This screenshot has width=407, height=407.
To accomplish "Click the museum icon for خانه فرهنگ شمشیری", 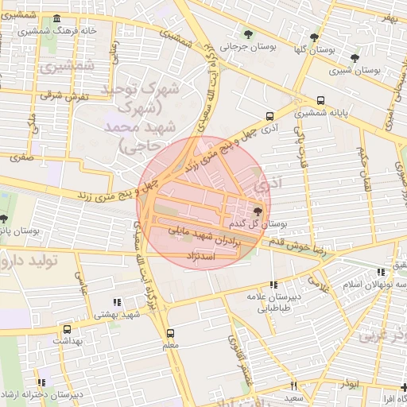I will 56,19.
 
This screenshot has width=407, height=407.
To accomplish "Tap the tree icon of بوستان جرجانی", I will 249,34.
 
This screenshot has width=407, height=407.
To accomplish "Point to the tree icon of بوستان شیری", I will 355,58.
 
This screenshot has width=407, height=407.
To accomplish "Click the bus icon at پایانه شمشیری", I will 320,101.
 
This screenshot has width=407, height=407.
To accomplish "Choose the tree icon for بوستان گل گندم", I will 257,211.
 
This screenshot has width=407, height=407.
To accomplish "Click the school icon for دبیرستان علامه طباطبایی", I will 273,284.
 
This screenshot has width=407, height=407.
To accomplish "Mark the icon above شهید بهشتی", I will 117,302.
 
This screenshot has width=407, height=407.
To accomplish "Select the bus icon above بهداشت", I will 66,328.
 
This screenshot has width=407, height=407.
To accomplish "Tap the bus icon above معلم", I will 169,334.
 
